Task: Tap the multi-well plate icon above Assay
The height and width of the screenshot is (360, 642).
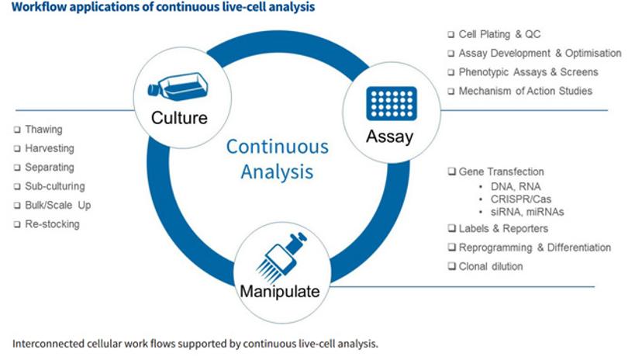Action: (x=392, y=102)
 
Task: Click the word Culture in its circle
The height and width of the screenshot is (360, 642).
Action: (x=179, y=118)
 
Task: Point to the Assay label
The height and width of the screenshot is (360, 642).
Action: (x=390, y=137)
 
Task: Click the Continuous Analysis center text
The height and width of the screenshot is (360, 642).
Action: (x=278, y=158)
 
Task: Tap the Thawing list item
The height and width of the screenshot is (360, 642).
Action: (x=43, y=130)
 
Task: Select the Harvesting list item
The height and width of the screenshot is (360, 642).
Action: (x=49, y=148)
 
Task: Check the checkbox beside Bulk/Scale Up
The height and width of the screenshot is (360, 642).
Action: (x=17, y=206)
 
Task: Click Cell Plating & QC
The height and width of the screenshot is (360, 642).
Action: (x=499, y=34)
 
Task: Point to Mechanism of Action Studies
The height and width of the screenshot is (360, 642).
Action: (x=525, y=91)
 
